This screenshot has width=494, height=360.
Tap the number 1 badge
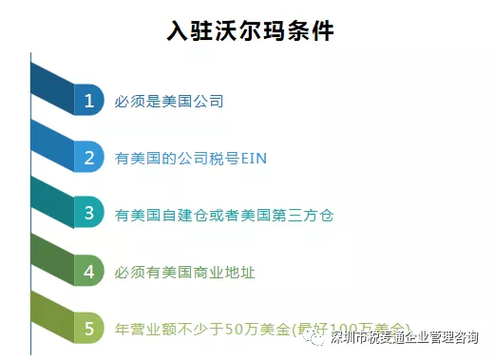88,100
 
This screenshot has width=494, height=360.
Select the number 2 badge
88,157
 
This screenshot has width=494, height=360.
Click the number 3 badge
88,214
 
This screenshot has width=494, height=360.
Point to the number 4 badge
88,272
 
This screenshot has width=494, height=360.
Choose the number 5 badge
88,329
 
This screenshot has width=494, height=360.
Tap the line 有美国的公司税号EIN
190,158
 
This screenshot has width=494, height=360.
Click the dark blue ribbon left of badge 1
52,90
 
